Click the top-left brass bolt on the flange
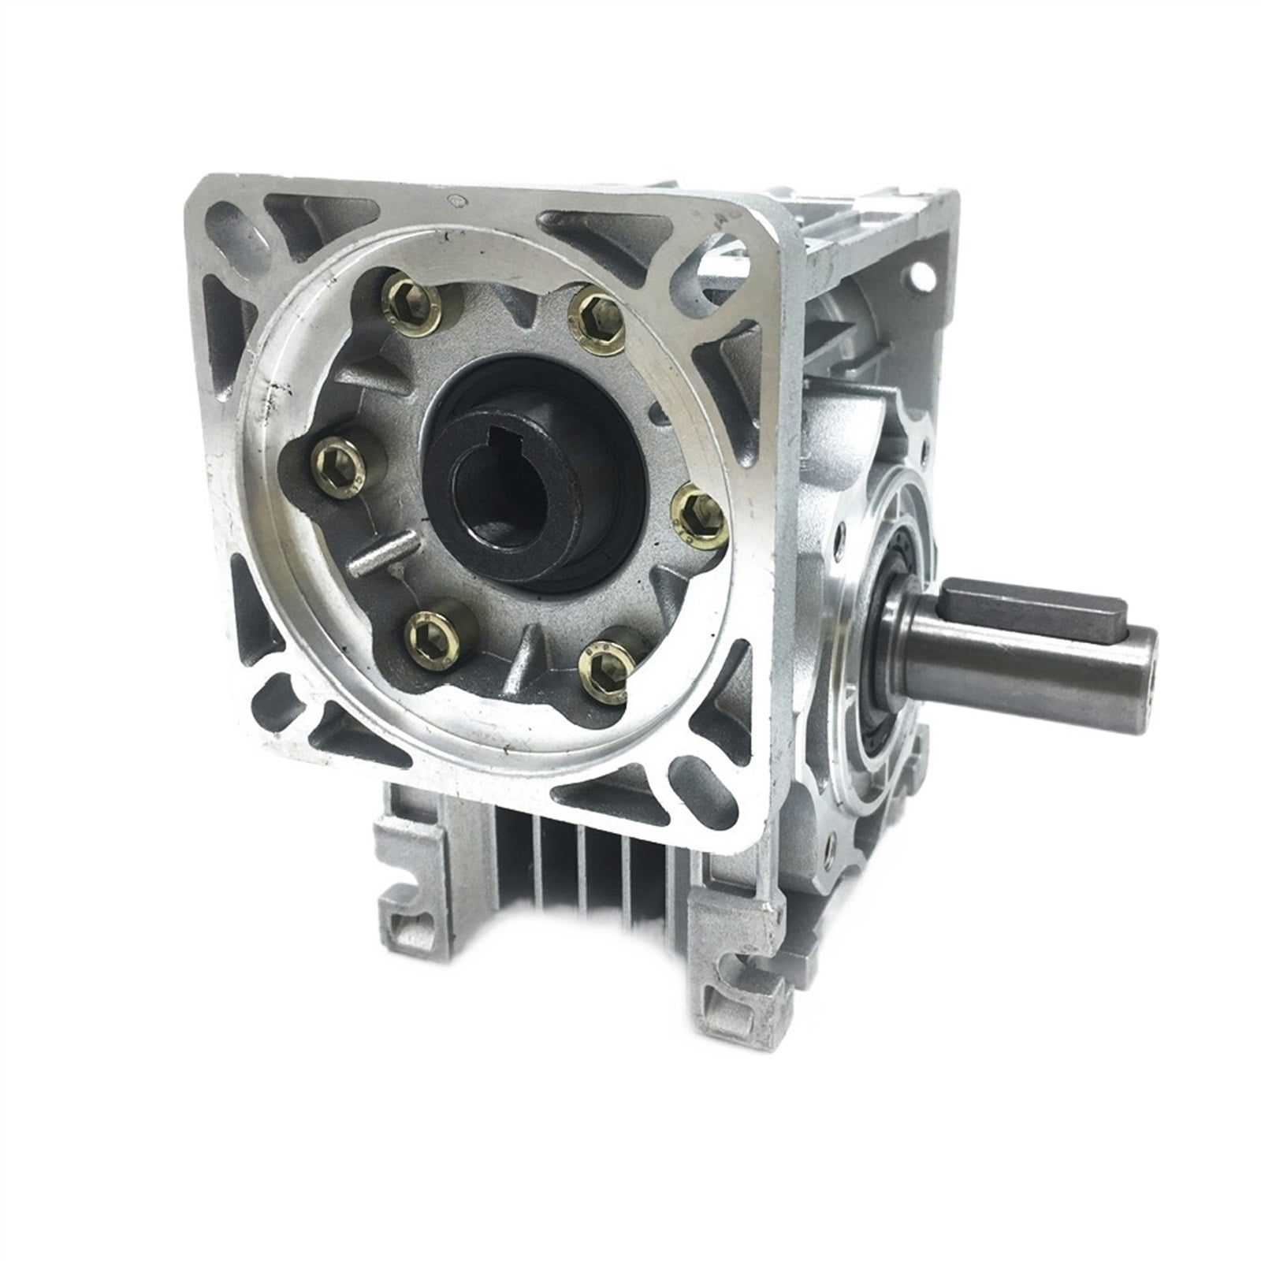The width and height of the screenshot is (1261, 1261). click(412, 305)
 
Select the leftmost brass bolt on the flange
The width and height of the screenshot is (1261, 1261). click(340, 468)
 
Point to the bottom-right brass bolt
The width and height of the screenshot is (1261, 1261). click(606, 668)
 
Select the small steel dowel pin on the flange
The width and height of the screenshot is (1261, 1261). click(384, 553)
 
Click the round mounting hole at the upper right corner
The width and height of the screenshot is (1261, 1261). click(920, 276)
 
